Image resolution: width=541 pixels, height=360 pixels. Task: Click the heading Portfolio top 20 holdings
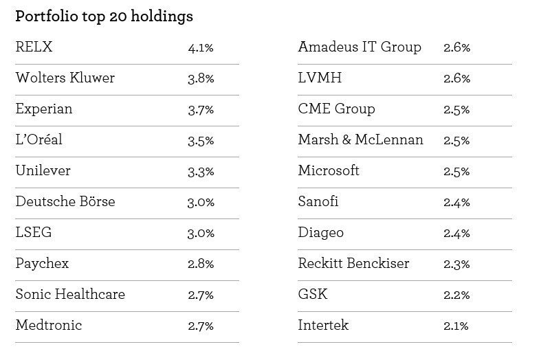click(x=104, y=17)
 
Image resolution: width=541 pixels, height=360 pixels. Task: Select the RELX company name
click(x=34, y=47)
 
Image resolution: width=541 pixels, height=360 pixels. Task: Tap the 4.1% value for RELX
click(x=201, y=47)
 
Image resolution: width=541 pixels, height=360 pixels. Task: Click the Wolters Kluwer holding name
click(x=65, y=78)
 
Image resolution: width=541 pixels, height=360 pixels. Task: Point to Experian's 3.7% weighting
click(x=201, y=110)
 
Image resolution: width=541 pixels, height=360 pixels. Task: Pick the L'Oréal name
click(x=39, y=139)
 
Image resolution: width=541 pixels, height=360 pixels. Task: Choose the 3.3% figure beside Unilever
click(x=201, y=171)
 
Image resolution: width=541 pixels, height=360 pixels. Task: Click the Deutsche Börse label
click(x=65, y=201)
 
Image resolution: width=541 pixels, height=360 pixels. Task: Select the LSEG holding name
click(x=34, y=232)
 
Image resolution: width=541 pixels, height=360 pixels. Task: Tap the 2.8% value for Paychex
click(x=201, y=264)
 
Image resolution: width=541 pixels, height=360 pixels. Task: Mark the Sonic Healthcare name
click(x=70, y=294)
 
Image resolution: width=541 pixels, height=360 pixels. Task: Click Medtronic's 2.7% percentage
click(x=201, y=326)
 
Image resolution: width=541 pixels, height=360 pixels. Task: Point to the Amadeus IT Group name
click(x=360, y=47)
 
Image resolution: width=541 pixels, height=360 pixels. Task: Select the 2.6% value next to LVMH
click(x=457, y=78)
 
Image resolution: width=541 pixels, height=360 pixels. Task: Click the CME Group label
click(x=336, y=109)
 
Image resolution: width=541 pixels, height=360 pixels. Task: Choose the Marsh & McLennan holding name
click(x=360, y=139)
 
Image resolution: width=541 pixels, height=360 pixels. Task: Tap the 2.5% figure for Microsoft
click(x=456, y=171)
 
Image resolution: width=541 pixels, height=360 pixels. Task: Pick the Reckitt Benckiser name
click(x=353, y=263)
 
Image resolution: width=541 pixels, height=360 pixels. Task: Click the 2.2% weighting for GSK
click(x=457, y=295)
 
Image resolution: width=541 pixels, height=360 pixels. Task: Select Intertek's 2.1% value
click(x=456, y=326)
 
